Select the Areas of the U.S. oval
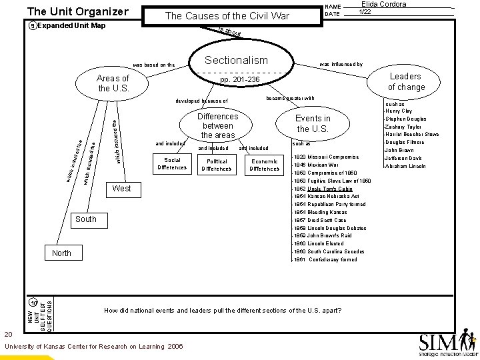pyautogui.click(x=113, y=84)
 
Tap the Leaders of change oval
pyautogui.click(x=406, y=81)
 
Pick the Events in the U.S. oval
pyautogui.click(x=313, y=123)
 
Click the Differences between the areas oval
pyautogui.click(x=218, y=125)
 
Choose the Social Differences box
pyautogui.click(x=172, y=164)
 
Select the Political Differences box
pyautogui.click(x=217, y=165)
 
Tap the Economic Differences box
pyautogui.click(x=264, y=165)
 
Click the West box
pyautogui.click(x=122, y=189)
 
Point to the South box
pyautogui.click(x=86, y=219)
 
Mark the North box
pyautogui.click(x=63, y=253)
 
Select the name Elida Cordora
pyautogui.click(x=383, y=4)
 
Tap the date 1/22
pyautogui.click(x=365, y=12)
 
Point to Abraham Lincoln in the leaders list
pyautogui.click(x=409, y=167)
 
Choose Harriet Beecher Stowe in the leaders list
pyautogui.click(x=412, y=135)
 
